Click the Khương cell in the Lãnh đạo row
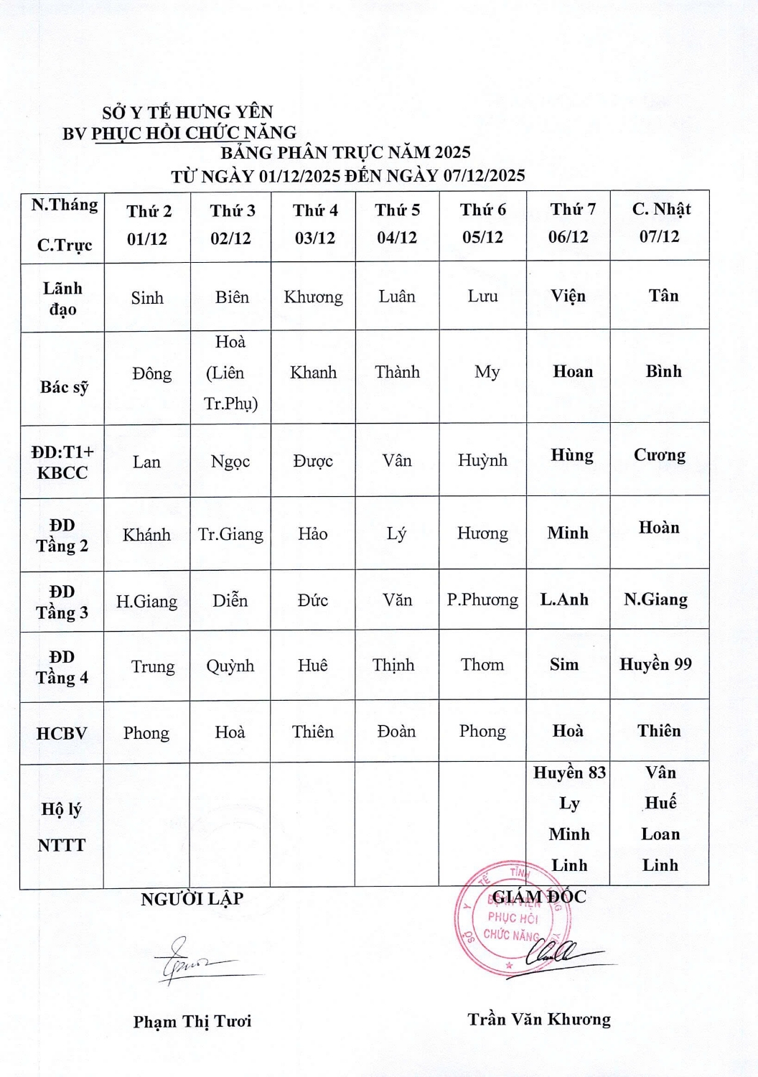[x=313, y=297]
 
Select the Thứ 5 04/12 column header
[x=397, y=224]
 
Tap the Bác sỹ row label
[x=64, y=387]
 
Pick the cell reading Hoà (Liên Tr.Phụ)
[x=230, y=373]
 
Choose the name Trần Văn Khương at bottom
[x=539, y=1020]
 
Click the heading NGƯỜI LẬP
[x=192, y=899]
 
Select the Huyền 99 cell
[x=655, y=664]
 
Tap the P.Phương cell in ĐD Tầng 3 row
[x=482, y=600]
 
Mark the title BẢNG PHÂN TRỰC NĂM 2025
[x=345, y=152]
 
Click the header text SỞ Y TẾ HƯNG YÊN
[x=187, y=112]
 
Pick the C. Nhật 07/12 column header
[x=660, y=223]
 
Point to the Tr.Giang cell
[x=230, y=534]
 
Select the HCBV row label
[x=62, y=734]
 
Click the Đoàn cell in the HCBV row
[x=396, y=732]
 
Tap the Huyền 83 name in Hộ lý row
[x=569, y=773]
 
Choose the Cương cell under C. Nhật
[x=659, y=455]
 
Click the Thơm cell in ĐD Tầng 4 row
[x=482, y=665]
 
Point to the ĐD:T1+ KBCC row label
[x=62, y=462]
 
